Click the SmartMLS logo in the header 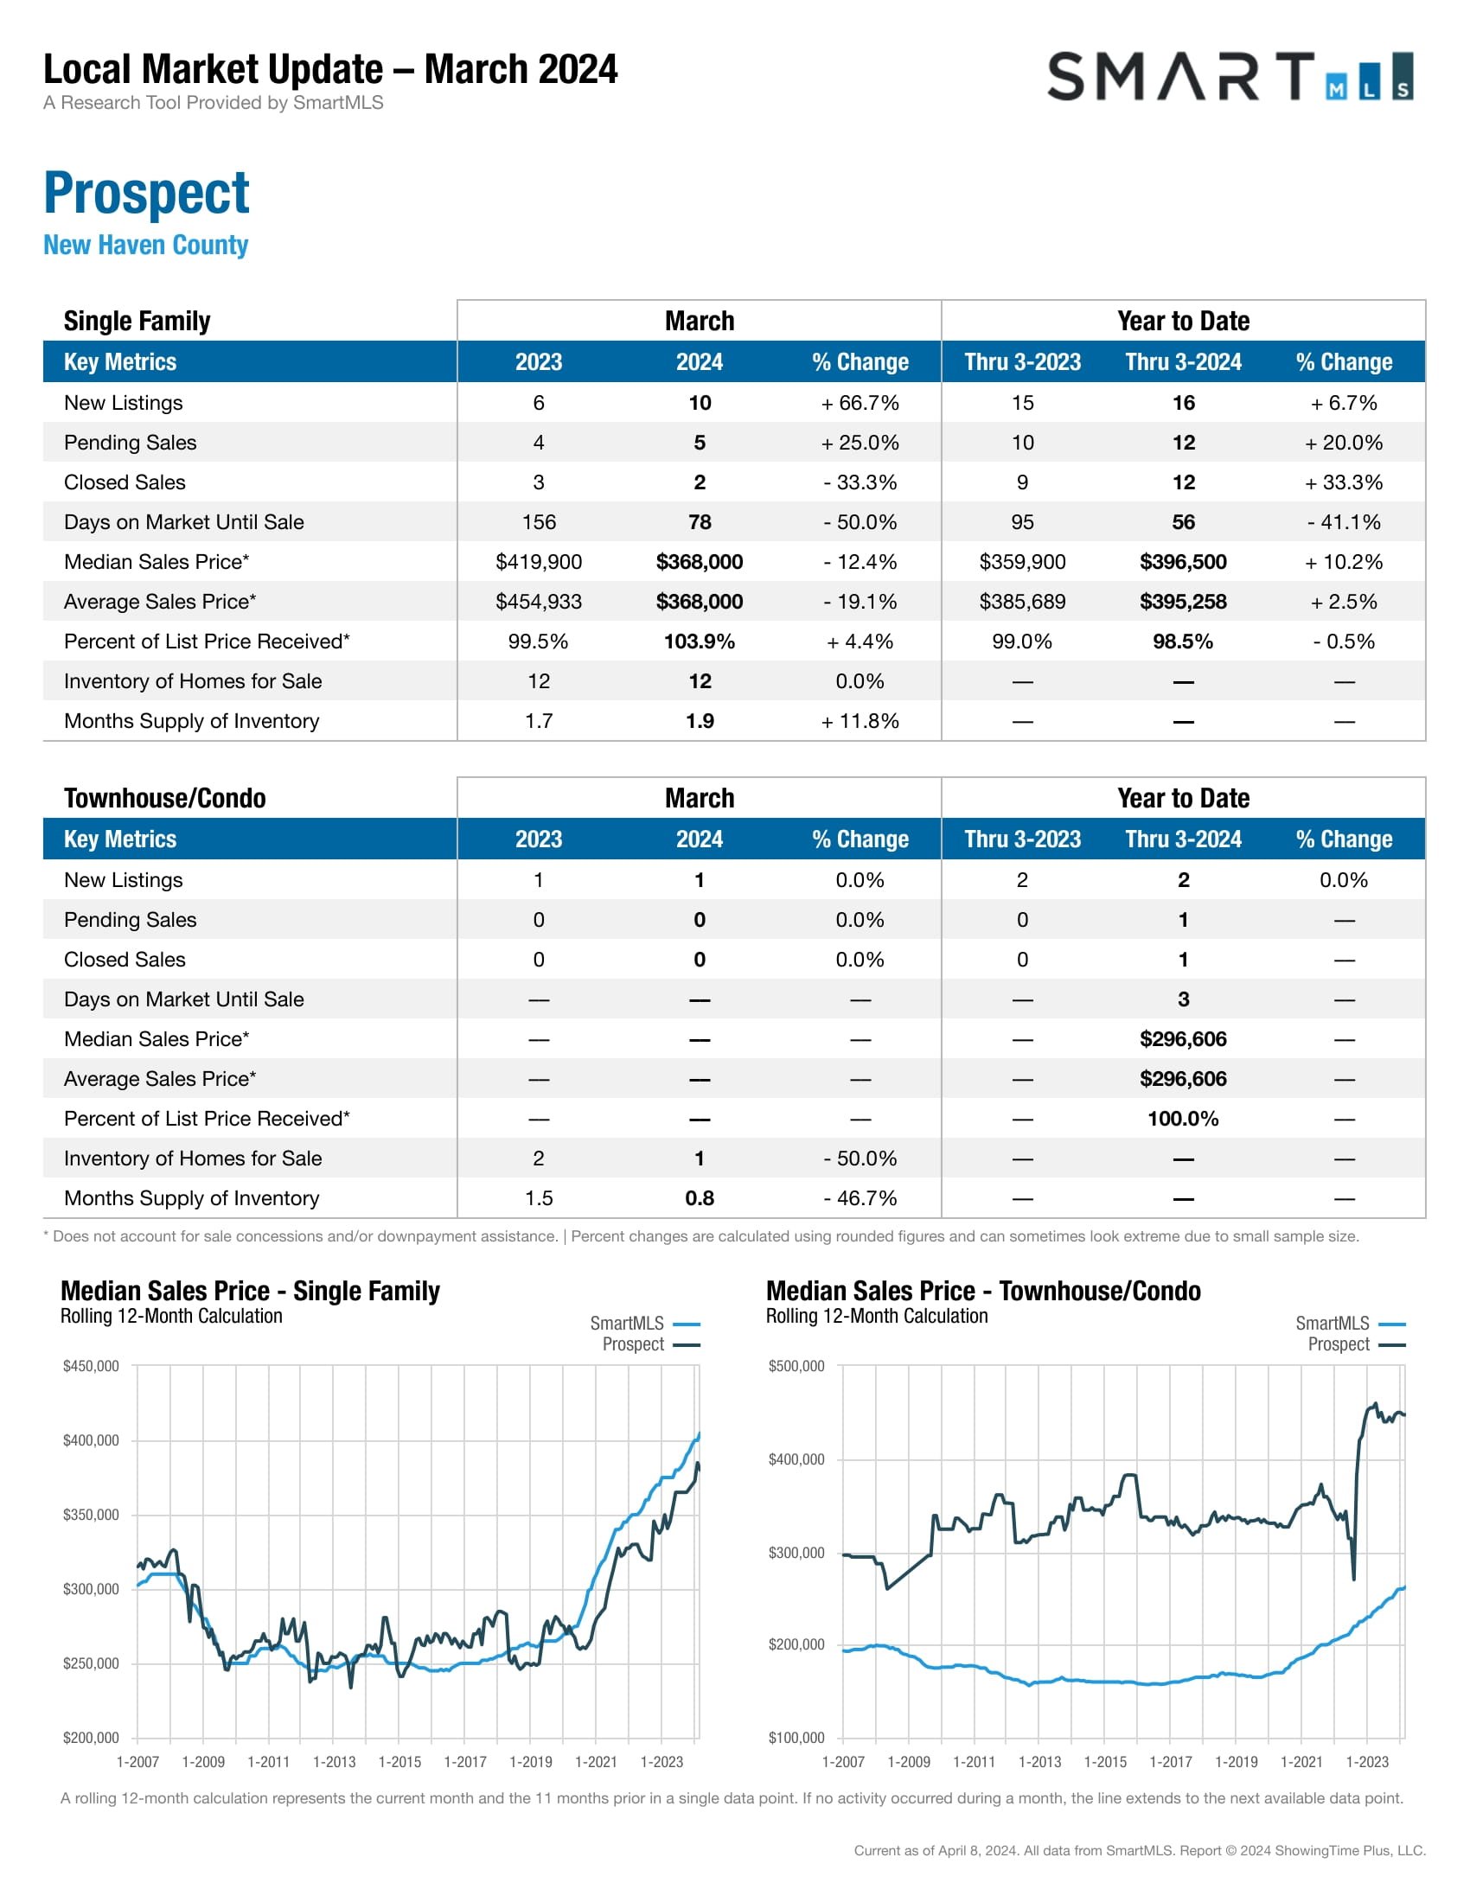[1229, 77]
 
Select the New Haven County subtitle [145, 245]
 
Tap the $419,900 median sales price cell [538, 562]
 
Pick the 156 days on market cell [538, 521]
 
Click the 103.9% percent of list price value [699, 641]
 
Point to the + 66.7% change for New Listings [860, 403]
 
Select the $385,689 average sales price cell [1021, 602]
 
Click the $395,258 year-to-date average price [1183, 602]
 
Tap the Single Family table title [137, 322]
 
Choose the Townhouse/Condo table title [164, 798]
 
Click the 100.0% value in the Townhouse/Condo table [1183, 1119]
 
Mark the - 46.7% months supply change [860, 1198]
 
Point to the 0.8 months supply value [699, 1198]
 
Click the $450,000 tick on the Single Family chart [91, 1365]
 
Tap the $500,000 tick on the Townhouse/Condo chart [796, 1365]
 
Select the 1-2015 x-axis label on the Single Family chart [399, 1762]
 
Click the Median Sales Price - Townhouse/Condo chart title [983, 1291]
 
